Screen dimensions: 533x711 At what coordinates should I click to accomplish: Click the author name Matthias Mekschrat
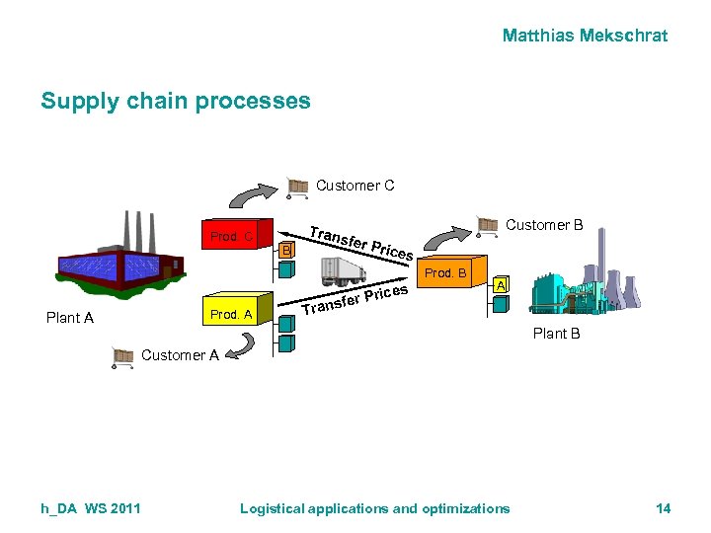tap(585, 36)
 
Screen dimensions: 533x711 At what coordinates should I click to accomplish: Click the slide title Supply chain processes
tap(176, 101)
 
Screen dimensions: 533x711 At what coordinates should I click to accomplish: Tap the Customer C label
tap(355, 186)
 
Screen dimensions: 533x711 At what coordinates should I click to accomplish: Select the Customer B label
tap(544, 225)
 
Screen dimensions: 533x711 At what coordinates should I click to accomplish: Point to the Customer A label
tap(180, 355)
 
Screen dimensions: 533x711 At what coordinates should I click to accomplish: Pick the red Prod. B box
tap(448, 272)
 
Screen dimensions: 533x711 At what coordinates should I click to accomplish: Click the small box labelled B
tap(285, 251)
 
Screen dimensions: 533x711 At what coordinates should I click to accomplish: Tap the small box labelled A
tap(501, 286)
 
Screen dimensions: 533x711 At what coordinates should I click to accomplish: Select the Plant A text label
tap(70, 318)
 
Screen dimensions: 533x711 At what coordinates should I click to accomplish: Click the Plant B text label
tap(556, 334)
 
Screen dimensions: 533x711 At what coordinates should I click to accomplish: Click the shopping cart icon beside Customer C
tap(298, 186)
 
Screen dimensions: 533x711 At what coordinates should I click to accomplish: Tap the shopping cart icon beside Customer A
tap(123, 356)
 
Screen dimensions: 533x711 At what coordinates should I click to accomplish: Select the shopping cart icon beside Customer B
tap(488, 225)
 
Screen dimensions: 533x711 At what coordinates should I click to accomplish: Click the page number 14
tap(663, 508)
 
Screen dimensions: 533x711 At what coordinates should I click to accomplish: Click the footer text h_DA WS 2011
tap(91, 508)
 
